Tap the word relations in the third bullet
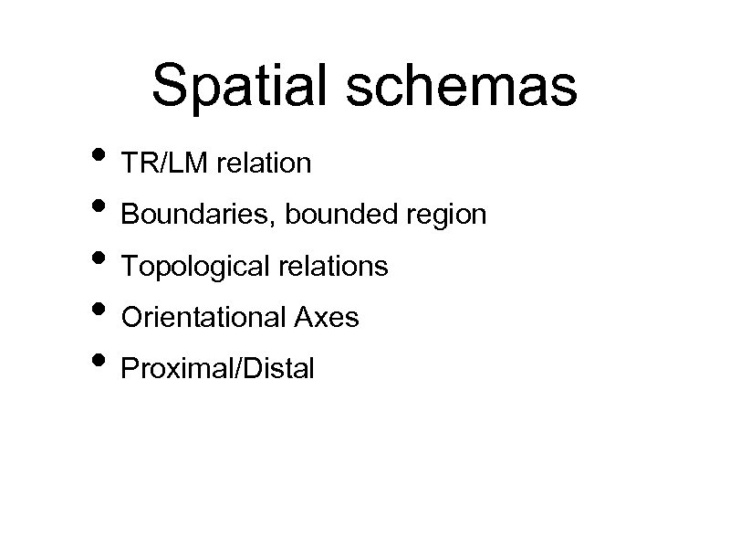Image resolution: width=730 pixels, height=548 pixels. [331, 267]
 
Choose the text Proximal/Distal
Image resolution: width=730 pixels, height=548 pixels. [217, 369]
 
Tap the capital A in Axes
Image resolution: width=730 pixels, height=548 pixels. [302, 318]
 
